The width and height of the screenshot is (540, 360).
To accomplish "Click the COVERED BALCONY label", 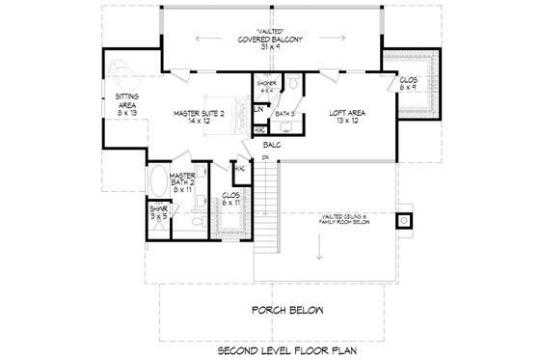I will coord(273,41).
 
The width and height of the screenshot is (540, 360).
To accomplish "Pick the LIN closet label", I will coord(257,109).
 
